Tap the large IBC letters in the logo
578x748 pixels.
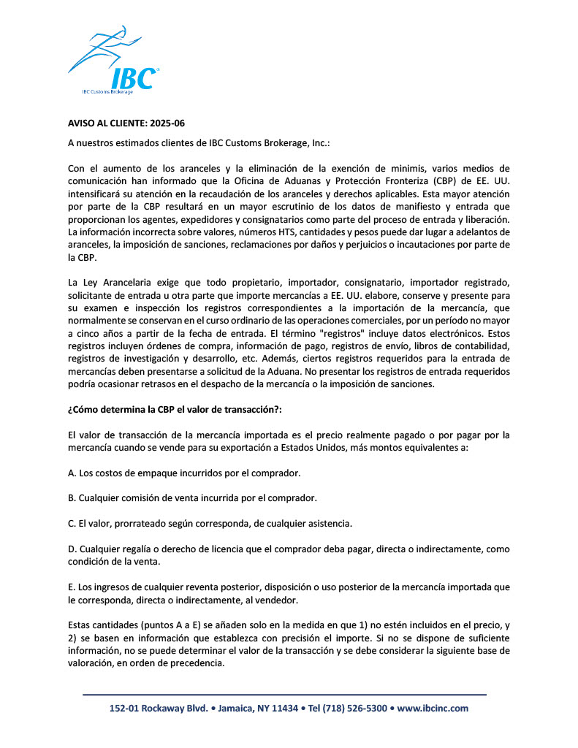point(133,77)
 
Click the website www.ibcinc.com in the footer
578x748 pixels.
point(433,708)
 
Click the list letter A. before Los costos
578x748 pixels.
point(72,473)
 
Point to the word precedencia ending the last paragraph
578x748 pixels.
point(197,664)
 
